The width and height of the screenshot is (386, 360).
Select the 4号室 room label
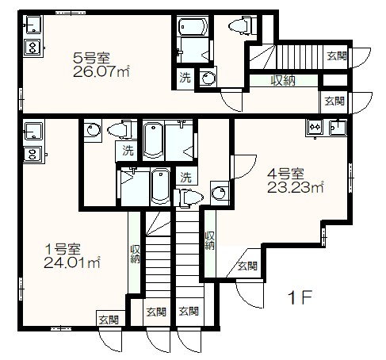(x=281, y=174)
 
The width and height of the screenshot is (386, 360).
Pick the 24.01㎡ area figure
(x=71, y=261)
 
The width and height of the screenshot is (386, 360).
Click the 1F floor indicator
(x=302, y=299)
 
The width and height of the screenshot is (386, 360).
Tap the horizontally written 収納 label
(x=283, y=79)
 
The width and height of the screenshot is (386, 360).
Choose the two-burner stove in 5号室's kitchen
(x=32, y=48)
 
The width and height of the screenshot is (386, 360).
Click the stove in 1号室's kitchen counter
(x=32, y=152)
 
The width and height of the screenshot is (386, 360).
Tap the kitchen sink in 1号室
(x=32, y=129)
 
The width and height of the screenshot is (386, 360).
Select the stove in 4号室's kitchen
(x=314, y=127)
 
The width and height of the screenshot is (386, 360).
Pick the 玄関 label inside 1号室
(x=108, y=320)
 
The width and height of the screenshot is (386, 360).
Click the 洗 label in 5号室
(x=184, y=78)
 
